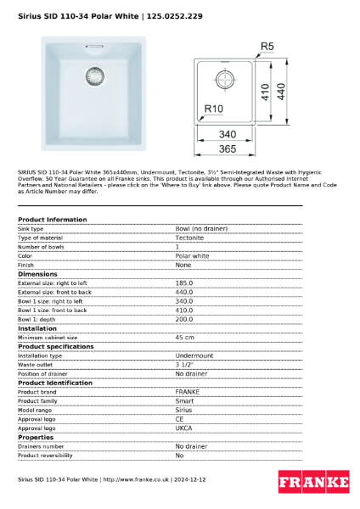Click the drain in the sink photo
(93, 76)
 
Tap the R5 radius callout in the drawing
(267, 46)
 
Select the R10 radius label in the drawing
(214, 108)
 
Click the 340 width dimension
(227, 134)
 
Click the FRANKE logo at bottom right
(313, 483)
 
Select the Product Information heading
(52, 220)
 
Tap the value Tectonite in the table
(190, 238)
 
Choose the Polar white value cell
(192, 255)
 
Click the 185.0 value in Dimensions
(184, 283)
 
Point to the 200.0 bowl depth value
(184, 319)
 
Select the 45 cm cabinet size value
(185, 337)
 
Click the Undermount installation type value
(194, 355)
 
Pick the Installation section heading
(37, 327)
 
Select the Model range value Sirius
(184, 410)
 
